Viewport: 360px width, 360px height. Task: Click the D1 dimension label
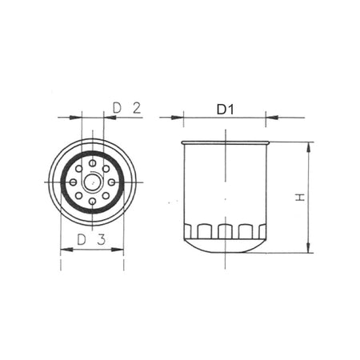225,109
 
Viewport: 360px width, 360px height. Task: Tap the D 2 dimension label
126,108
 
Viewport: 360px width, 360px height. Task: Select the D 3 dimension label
91,239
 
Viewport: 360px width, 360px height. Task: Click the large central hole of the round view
93,182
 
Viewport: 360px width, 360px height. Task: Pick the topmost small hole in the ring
93,162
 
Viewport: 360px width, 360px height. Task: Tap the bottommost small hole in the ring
93,201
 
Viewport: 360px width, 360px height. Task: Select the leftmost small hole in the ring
74,182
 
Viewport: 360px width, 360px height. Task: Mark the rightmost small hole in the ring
112,182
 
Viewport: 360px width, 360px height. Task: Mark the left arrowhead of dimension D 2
78,118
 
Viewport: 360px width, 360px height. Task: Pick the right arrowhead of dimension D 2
108,118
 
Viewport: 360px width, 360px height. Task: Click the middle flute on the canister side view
225,231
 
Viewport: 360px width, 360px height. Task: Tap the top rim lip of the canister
225,143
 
